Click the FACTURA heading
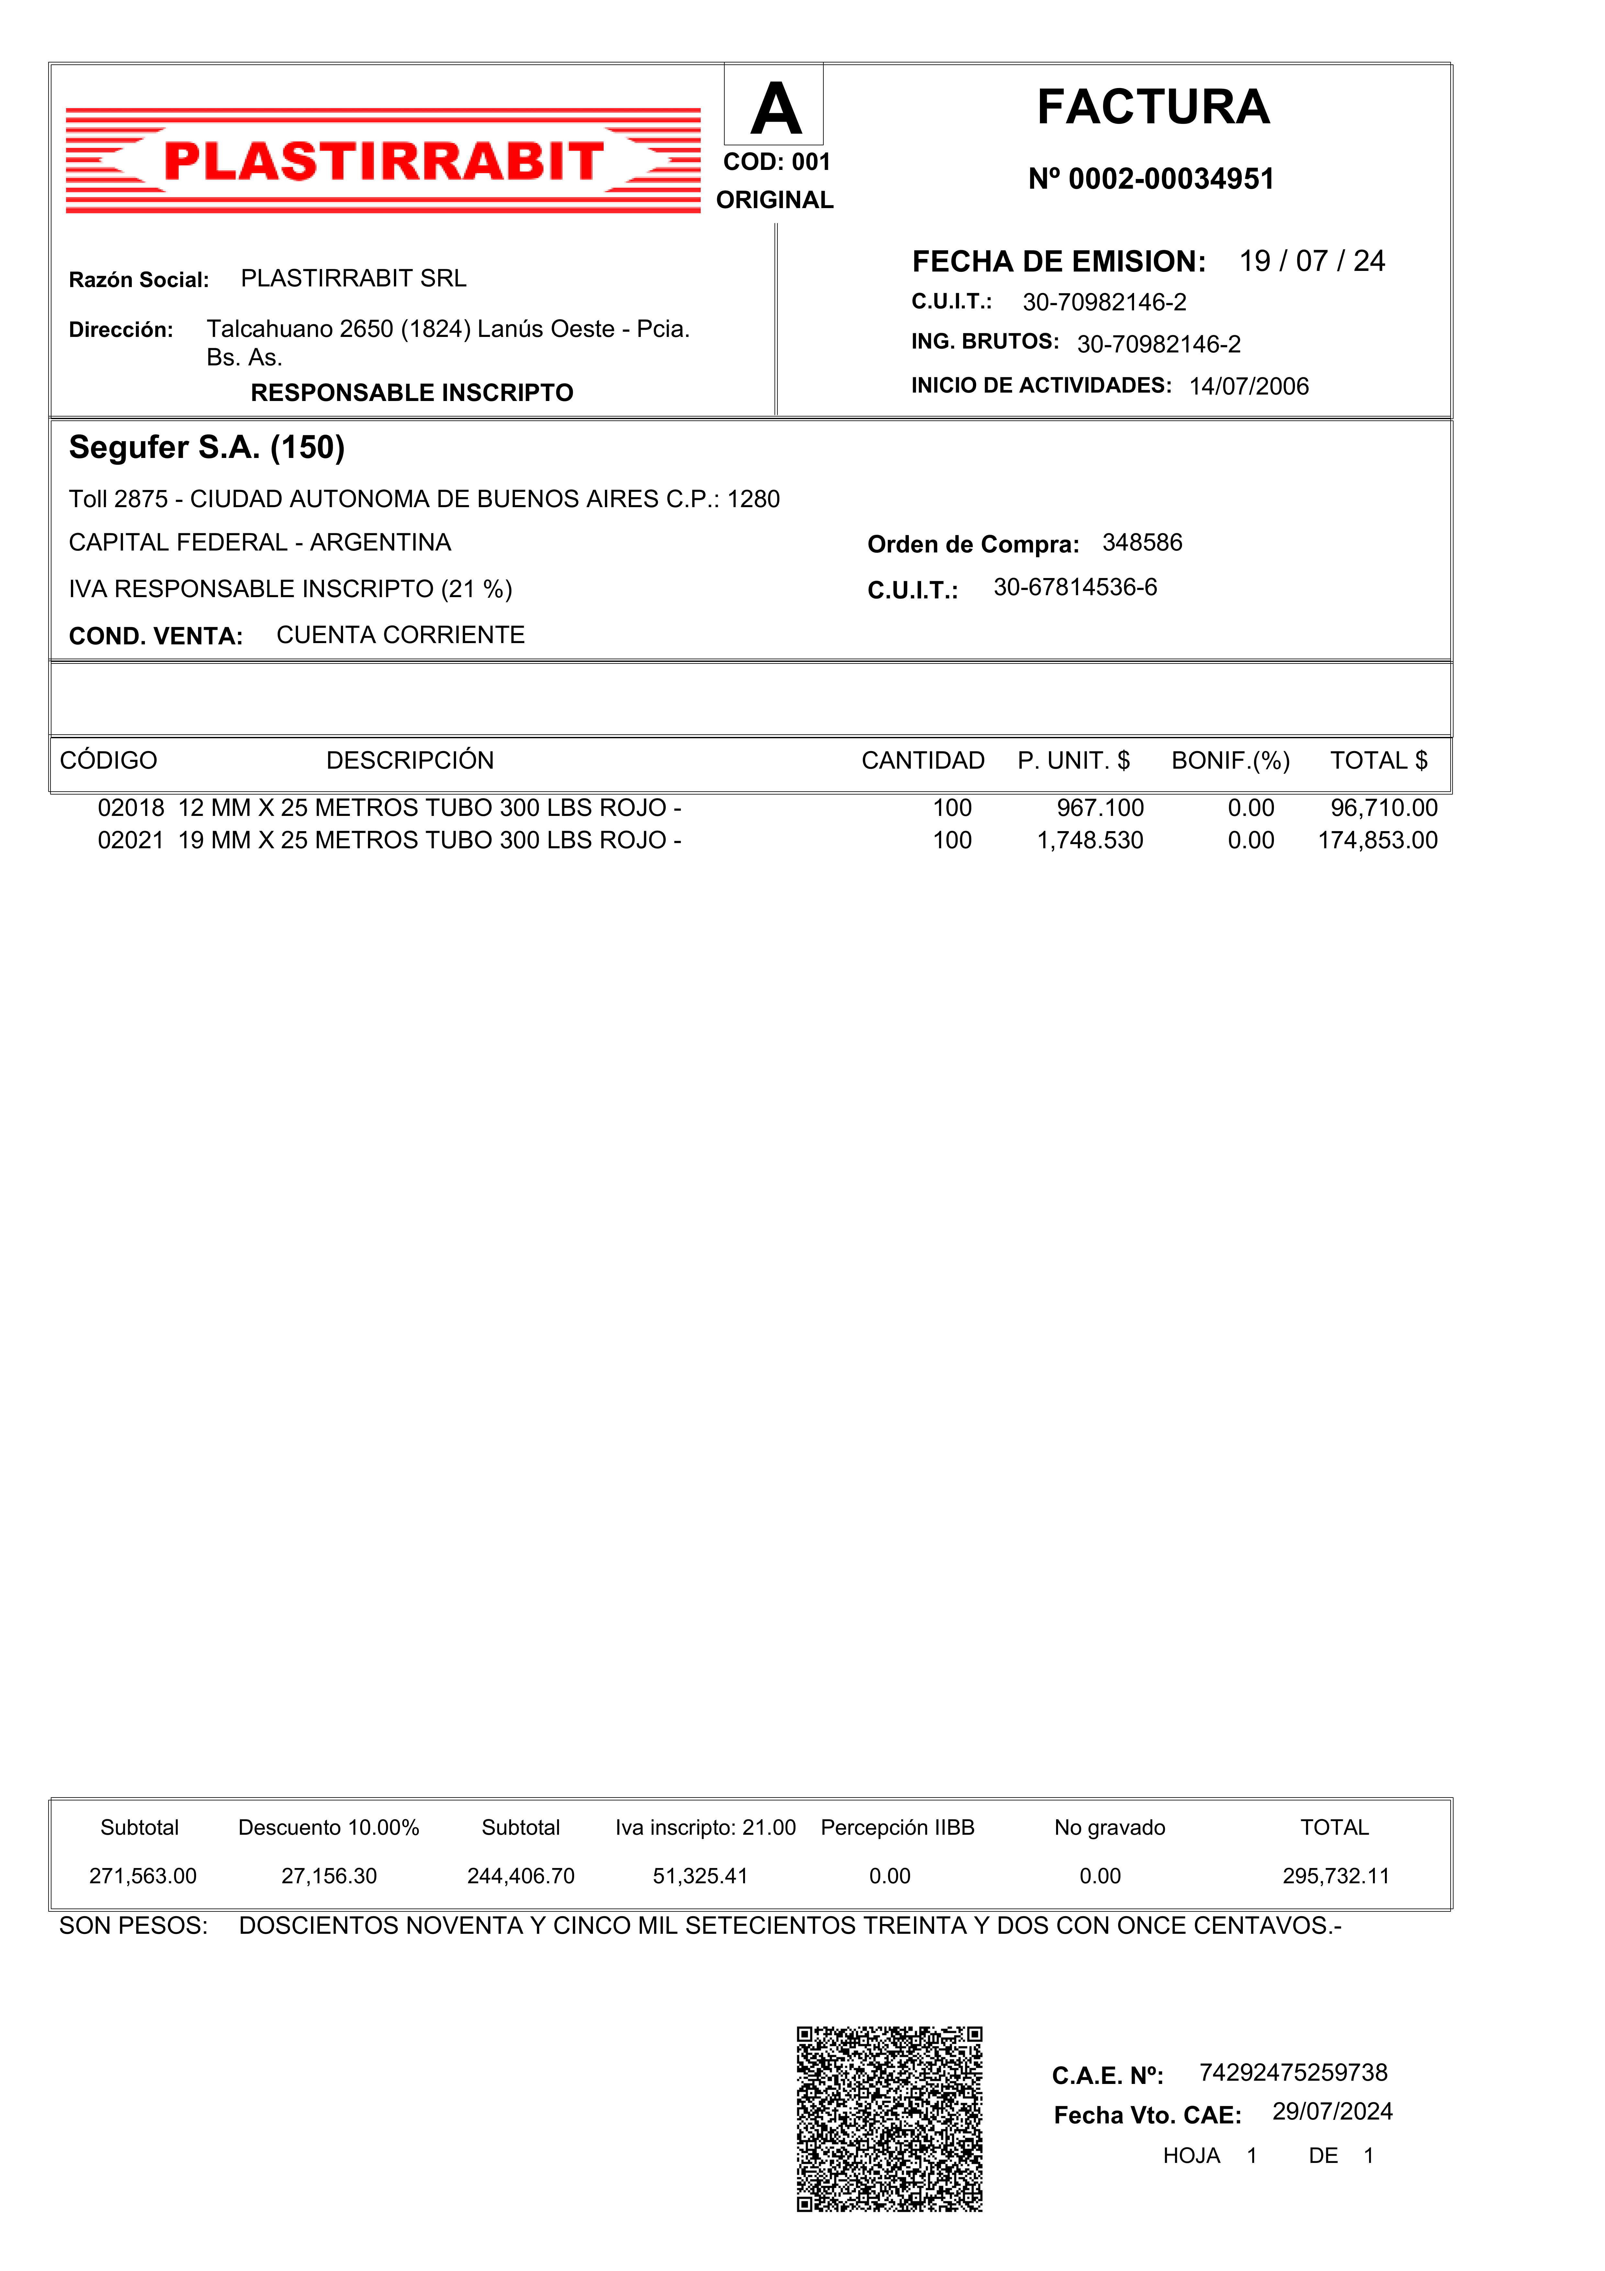point(1153,107)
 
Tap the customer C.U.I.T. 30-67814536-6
point(1075,587)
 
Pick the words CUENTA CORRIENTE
point(400,635)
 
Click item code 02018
point(130,808)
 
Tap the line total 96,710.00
point(1384,808)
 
